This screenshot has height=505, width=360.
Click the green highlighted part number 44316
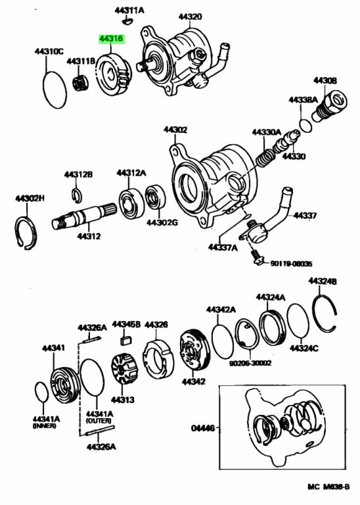[x=111, y=39]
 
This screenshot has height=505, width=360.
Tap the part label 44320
[x=191, y=16]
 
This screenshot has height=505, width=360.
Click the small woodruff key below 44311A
[x=127, y=22]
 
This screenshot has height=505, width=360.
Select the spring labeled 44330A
[x=266, y=158]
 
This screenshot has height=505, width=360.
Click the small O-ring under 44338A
[x=305, y=126]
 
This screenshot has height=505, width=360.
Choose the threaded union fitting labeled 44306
[x=329, y=105]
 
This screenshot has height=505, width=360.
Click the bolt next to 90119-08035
[x=257, y=258]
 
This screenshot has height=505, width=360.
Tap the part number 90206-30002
[x=250, y=363]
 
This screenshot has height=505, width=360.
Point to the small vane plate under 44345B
[x=126, y=341]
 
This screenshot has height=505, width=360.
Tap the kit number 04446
[x=203, y=428]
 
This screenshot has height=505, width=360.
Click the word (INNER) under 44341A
[x=44, y=426]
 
